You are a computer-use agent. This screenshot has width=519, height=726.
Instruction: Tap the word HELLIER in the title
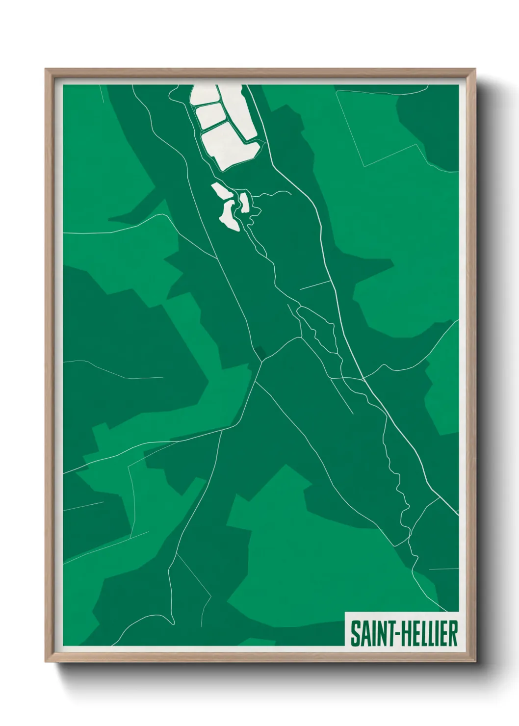[x=430, y=633]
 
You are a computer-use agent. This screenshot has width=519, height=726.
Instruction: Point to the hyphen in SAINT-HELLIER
[x=398, y=634]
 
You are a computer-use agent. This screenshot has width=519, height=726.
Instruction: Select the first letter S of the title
[x=354, y=633]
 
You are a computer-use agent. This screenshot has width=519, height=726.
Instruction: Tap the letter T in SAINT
[x=390, y=633]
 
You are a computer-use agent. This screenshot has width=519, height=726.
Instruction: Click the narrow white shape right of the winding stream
[x=244, y=202]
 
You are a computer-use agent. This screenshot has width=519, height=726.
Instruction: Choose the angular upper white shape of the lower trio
[x=221, y=191]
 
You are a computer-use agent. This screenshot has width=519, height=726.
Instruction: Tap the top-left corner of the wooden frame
[x=47, y=70]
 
